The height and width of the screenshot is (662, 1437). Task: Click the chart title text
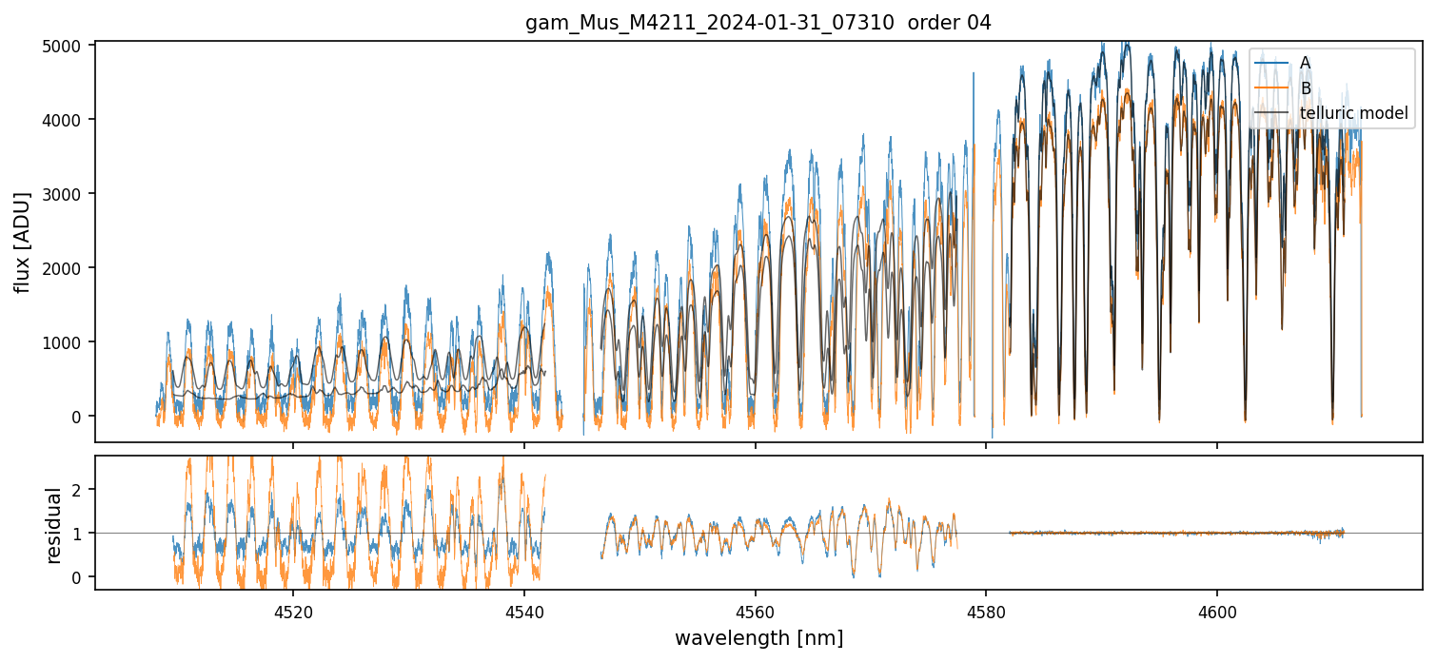(758, 23)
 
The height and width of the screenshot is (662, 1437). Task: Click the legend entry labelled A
(1305, 63)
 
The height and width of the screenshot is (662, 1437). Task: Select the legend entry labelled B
(1305, 88)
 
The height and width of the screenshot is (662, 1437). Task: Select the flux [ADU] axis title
(23, 242)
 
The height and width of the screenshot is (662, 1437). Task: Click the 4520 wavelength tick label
(292, 613)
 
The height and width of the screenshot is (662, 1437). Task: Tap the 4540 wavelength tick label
(523, 613)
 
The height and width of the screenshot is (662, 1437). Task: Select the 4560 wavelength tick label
(755, 613)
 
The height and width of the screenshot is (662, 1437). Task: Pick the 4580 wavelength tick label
(986, 613)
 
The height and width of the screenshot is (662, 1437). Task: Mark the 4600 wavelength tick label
(1217, 613)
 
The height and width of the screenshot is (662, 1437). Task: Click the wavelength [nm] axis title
(758, 637)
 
